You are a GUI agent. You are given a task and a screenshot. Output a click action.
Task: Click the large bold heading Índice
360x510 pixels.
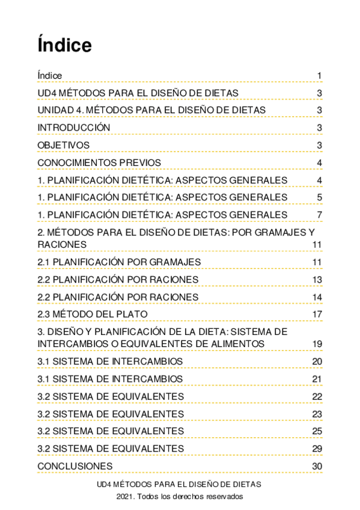(x=64, y=45)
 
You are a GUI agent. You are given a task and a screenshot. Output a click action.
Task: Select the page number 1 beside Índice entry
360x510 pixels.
(x=320, y=75)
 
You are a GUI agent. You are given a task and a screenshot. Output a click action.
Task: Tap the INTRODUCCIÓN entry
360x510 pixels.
(x=73, y=127)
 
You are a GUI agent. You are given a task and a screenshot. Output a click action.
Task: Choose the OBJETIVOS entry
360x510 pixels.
(x=63, y=145)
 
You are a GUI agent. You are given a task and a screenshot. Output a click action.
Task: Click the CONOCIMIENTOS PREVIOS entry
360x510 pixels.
(x=99, y=162)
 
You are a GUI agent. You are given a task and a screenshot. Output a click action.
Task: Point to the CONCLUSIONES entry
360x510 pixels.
(x=75, y=466)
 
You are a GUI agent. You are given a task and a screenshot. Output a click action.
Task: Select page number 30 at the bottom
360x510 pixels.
(x=317, y=466)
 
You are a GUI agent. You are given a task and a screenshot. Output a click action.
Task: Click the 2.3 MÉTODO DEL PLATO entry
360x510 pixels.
(x=92, y=314)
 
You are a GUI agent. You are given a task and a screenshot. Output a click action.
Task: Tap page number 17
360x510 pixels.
(x=317, y=314)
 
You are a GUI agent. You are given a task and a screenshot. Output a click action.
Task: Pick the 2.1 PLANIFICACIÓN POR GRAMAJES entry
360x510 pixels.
(x=118, y=262)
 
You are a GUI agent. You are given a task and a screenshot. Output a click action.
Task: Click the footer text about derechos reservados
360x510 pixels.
(x=180, y=497)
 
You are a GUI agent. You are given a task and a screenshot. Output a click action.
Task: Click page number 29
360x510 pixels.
(x=317, y=449)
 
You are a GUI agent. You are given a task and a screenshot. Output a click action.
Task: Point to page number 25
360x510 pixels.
(x=317, y=431)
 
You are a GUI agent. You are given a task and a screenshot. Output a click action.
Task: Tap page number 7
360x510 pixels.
(x=320, y=215)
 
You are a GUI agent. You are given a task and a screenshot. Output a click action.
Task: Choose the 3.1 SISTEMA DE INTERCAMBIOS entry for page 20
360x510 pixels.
(x=110, y=361)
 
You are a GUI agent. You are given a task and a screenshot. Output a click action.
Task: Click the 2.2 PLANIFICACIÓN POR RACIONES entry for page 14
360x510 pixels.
(x=117, y=297)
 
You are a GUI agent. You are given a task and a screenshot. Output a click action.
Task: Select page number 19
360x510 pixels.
(x=317, y=343)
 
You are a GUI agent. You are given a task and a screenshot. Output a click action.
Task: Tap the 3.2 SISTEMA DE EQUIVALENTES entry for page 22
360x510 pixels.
(x=111, y=396)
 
